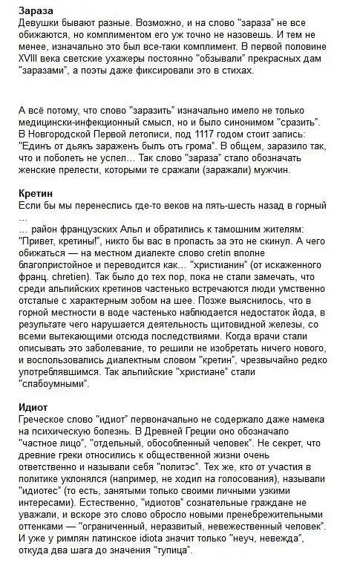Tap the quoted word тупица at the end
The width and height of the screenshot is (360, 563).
point(172,550)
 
